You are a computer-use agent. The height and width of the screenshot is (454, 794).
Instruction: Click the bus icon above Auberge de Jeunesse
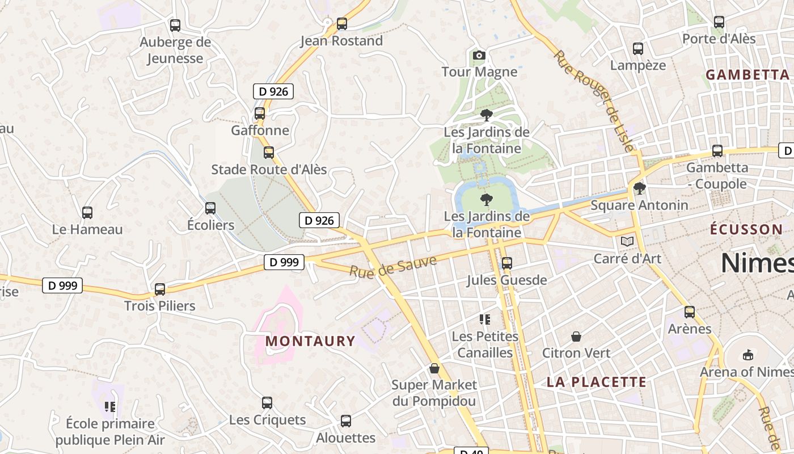[175, 25]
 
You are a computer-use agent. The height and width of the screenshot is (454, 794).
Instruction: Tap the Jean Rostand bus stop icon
[341, 24]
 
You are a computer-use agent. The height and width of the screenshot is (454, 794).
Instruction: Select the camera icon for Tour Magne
[479, 55]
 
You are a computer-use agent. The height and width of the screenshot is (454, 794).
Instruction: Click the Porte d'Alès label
[719, 39]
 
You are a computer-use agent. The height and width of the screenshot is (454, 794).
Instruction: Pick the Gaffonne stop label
[260, 130]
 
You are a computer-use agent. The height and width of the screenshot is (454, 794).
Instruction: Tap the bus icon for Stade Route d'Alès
[269, 152]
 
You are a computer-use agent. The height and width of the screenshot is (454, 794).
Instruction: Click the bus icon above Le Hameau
[87, 213]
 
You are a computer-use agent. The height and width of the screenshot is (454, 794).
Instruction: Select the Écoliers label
[210, 225]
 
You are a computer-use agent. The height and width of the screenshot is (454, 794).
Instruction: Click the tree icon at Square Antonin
[639, 188]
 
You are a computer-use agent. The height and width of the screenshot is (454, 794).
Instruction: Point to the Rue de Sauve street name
[392, 266]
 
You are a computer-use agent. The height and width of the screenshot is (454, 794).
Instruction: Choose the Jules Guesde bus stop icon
[507, 263]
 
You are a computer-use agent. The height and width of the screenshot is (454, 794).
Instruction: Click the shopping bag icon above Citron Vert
[576, 337]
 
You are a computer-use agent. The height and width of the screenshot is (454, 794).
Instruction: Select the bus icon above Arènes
[690, 312]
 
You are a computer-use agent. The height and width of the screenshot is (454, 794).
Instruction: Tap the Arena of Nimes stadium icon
[748, 355]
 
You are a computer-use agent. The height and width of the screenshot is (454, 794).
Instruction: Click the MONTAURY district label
[310, 341]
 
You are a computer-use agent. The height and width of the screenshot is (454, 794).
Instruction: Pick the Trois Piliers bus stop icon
[160, 289]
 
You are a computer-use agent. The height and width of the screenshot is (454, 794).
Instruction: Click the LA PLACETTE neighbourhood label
[596, 382]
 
